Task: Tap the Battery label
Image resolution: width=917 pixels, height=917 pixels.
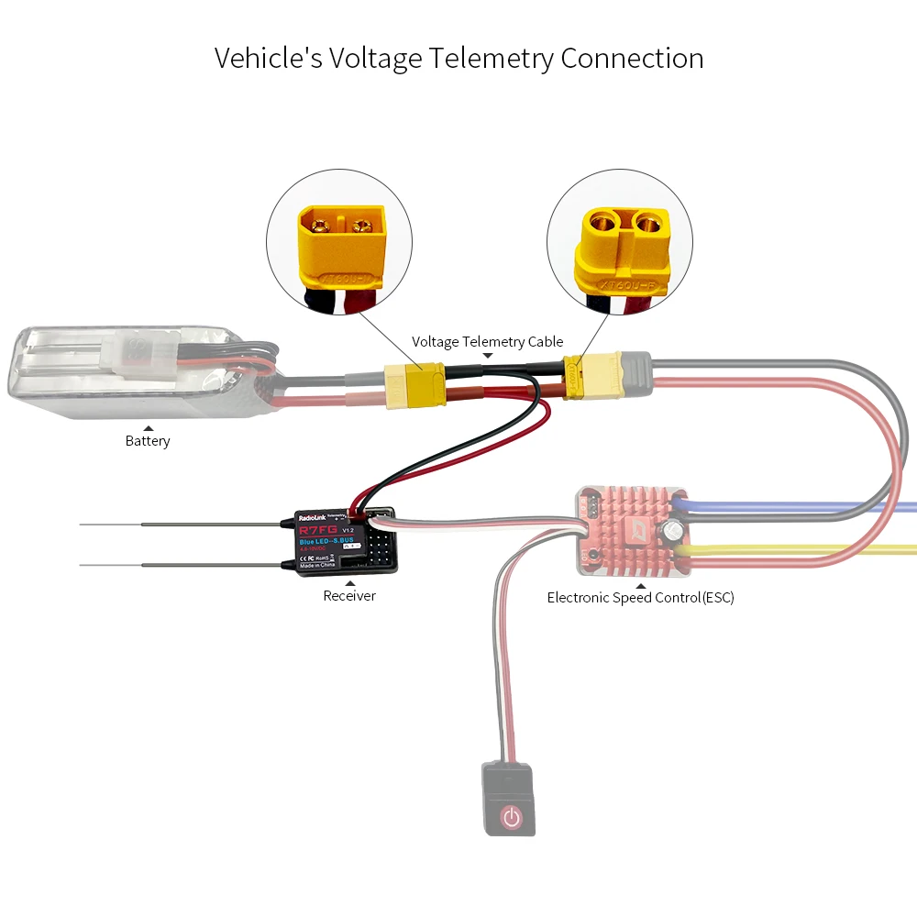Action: click(x=148, y=441)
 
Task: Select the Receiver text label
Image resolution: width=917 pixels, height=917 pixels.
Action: click(x=349, y=596)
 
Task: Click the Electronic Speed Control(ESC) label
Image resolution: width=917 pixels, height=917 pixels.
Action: click(x=640, y=598)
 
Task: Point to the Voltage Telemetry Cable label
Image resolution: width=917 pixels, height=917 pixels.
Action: click(x=488, y=342)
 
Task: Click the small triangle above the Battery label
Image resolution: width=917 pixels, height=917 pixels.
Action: click(x=148, y=427)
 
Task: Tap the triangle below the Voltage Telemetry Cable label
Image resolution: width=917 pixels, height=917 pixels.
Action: click(x=488, y=355)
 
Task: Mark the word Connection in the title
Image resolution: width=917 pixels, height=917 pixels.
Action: click(x=633, y=58)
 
